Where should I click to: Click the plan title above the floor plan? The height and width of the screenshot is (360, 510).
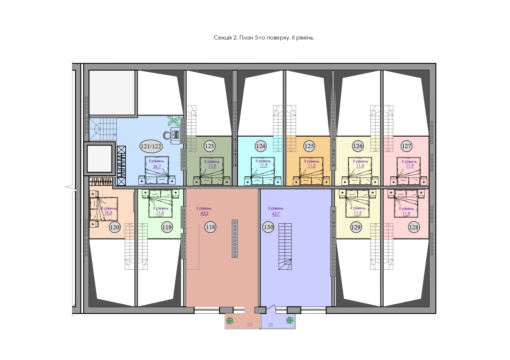pos(264,38)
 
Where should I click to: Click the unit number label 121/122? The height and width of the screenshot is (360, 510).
pos(151,146)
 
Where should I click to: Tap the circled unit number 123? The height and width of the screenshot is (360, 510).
pos(210,146)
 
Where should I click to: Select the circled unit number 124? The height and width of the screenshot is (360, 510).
pos(260,146)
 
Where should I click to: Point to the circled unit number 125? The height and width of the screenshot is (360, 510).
pos(309,146)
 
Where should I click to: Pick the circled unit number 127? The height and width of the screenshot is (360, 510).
pos(407,146)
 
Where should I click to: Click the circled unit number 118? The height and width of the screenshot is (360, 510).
pos(210,227)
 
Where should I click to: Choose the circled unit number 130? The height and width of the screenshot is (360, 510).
pos(268,227)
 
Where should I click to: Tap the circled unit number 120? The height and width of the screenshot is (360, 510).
pos(114,227)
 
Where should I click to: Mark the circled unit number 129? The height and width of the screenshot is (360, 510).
pos(356,227)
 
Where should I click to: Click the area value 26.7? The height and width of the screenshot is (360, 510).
pos(157,167)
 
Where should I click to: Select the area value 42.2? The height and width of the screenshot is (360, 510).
pos(204,213)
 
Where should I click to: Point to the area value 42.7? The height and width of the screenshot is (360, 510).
pos(276,214)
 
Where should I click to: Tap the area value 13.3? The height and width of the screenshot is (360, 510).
pos(108,213)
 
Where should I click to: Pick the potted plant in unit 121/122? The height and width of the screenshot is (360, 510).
pos(174,121)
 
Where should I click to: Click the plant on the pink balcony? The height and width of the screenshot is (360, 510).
pos(230,321)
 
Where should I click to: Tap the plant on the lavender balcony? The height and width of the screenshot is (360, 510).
pos(290,320)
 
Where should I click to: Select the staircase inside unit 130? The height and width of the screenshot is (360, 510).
pos(285,246)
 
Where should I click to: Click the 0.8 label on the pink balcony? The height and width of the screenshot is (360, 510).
pos(250,324)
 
